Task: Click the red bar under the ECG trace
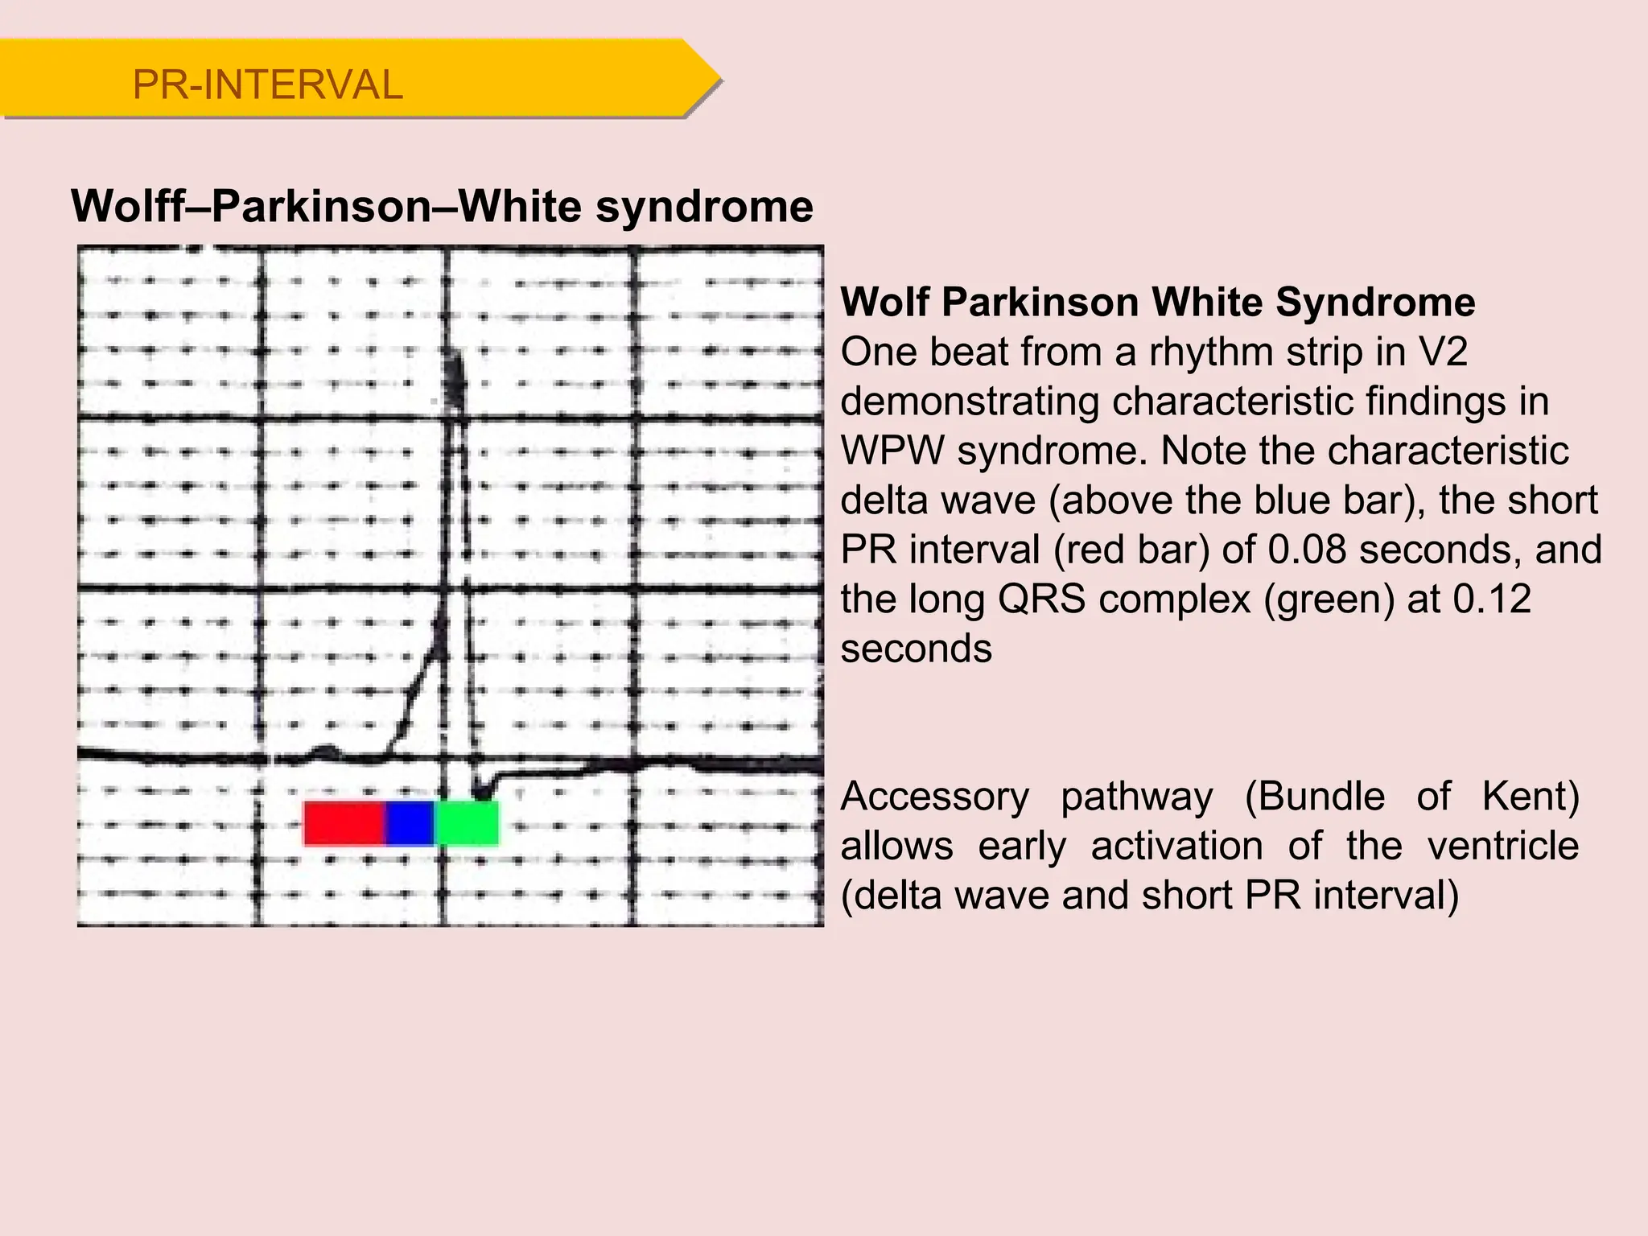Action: (344, 822)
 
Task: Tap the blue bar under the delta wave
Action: (410, 822)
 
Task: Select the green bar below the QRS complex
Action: (467, 822)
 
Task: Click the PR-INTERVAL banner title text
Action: (267, 84)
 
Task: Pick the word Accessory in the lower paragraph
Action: (934, 797)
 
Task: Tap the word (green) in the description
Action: (1328, 599)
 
